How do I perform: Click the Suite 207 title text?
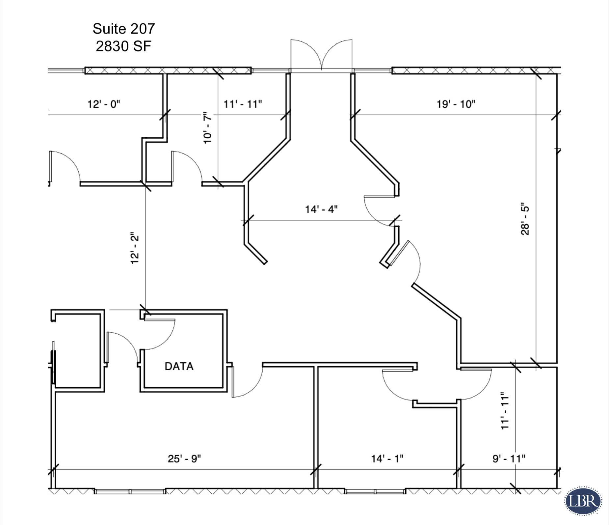tap(123, 29)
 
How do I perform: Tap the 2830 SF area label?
tap(123, 46)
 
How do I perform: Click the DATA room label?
tap(179, 366)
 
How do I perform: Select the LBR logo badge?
tap(583, 501)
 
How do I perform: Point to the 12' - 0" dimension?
tap(104, 104)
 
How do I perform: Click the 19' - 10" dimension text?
tap(456, 104)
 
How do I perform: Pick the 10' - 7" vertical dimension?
tap(208, 127)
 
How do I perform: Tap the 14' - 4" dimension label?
tap(321, 209)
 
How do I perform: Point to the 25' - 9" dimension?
tap(184, 458)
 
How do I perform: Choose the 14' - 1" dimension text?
tap(387, 458)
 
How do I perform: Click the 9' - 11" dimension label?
tap(509, 458)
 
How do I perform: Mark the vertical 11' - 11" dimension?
tap(505, 410)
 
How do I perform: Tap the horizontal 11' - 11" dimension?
tap(243, 104)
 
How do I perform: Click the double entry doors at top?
tap(321, 56)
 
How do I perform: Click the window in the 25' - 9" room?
tap(130, 491)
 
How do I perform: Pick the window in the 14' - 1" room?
tap(375, 491)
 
